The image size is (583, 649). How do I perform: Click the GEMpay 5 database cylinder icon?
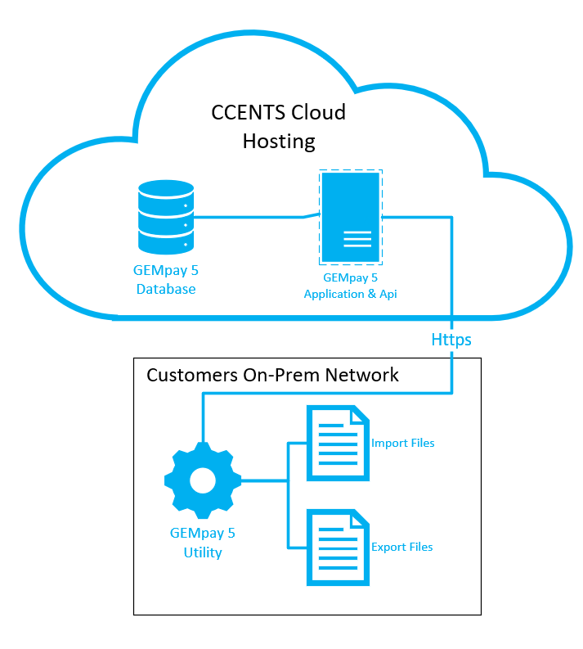(x=166, y=217)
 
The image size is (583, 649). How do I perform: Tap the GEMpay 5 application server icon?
(x=351, y=218)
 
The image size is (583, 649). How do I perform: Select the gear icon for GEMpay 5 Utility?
(x=203, y=480)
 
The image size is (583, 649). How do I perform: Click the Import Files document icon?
(x=337, y=443)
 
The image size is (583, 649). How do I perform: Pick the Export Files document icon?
(x=337, y=547)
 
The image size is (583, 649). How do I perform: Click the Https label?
(x=451, y=339)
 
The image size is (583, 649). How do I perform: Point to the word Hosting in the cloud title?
(x=279, y=141)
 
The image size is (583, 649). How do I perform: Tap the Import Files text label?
(x=402, y=443)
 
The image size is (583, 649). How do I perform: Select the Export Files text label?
(x=402, y=547)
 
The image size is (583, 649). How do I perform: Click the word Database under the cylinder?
(x=166, y=289)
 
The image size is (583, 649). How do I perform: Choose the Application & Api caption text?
(x=350, y=294)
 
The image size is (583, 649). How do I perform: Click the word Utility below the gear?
(x=203, y=552)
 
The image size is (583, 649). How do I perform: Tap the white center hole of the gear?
(x=203, y=480)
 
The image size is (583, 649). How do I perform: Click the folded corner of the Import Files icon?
(x=358, y=414)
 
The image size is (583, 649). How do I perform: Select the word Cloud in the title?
(x=316, y=112)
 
